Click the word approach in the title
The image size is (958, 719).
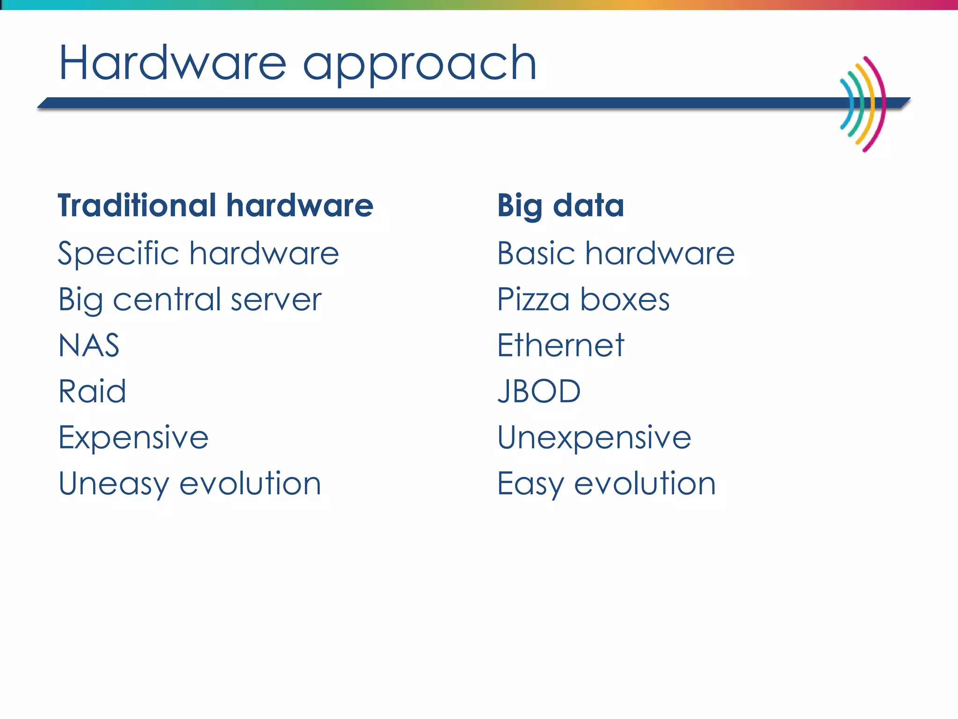420,66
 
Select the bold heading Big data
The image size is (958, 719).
560,206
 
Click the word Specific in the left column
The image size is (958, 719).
118,254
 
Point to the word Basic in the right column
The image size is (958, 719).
536,253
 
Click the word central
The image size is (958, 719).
167,300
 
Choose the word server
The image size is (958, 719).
276,300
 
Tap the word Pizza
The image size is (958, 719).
533,300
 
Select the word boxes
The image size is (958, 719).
625,300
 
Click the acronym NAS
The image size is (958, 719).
89,345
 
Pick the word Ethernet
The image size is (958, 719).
560,345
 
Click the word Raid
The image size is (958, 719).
92,391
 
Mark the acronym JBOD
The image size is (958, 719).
538,391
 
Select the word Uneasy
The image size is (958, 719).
113,484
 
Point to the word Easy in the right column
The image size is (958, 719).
530,484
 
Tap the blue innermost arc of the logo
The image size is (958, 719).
849,104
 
